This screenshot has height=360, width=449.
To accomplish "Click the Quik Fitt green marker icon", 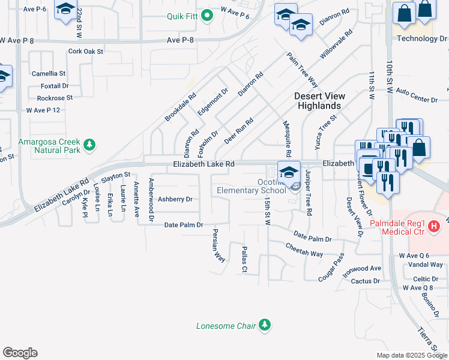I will (208, 16).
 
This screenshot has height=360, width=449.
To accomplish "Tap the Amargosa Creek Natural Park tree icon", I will (89, 144).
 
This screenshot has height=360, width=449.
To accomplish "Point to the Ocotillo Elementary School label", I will (252, 187).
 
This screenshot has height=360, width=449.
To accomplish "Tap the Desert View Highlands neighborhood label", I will (318, 101).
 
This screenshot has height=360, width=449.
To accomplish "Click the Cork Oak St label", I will (86, 52).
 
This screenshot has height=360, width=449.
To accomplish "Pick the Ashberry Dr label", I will (175, 199).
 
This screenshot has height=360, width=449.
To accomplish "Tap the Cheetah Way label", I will (304, 250).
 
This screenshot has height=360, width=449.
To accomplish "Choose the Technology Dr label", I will (422, 39).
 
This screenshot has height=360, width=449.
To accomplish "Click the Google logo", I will (20, 353).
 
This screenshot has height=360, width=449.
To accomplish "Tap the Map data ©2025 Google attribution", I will (412, 355).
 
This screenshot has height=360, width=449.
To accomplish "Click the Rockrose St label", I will (55, 98).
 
